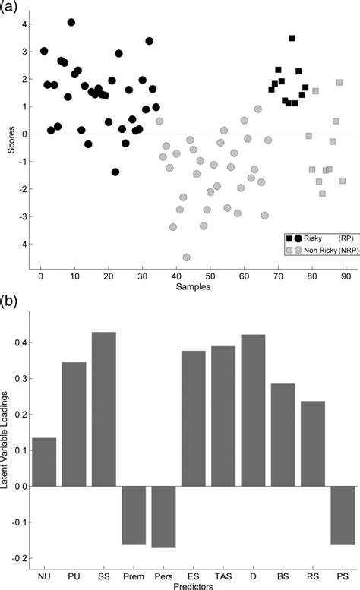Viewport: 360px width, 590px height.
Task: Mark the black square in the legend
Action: pos(289,238)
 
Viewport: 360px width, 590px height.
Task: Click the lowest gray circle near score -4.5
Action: pos(187,257)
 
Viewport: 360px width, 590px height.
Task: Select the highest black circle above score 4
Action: pos(71,22)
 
